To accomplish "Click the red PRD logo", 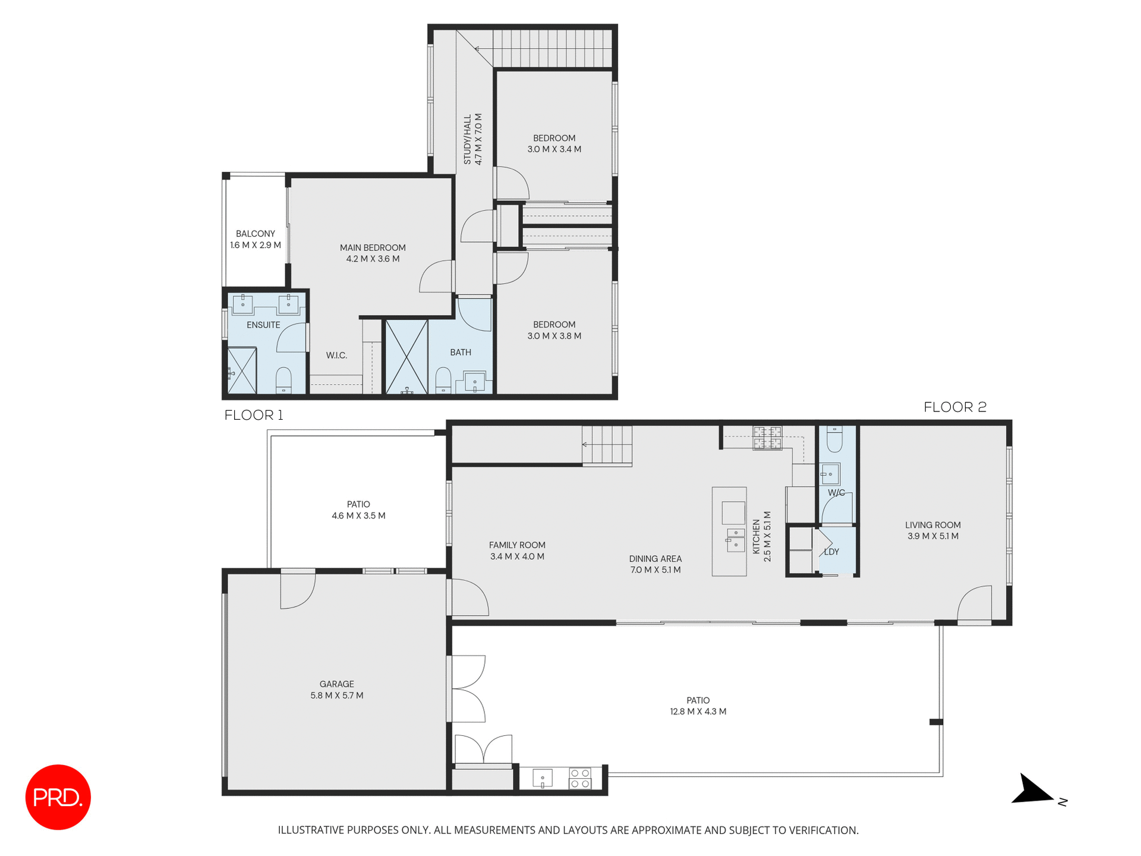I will point(58,797).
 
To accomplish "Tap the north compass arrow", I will point(1035,791).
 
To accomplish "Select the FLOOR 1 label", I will point(254,416).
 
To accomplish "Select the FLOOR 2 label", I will point(954,407).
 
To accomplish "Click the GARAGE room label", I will point(336,684).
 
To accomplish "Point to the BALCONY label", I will point(255,234).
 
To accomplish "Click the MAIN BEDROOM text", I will point(373,248).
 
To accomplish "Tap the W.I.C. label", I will point(336,355).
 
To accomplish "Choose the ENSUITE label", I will point(263,325).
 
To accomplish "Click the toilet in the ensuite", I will point(283,380).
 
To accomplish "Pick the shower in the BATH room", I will point(406,357).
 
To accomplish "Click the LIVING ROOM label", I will point(932,525).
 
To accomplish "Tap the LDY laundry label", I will point(831,552).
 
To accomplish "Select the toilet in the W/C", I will point(834,439).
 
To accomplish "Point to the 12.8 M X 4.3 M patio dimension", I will point(698,712).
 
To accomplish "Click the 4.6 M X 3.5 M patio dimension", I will point(358,516).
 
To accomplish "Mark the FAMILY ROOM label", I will point(517,545).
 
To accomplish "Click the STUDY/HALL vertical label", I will point(467,140).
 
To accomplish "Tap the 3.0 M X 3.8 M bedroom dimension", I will point(554,336).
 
